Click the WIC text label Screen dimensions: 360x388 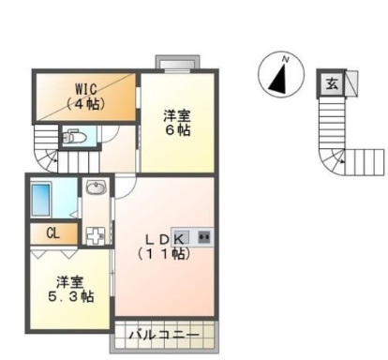(87, 90)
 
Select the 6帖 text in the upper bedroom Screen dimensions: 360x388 (177, 131)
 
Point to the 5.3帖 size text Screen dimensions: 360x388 (71, 296)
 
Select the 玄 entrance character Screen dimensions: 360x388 (332, 83)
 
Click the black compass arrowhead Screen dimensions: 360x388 (279, 81)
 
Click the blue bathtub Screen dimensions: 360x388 (41, 199)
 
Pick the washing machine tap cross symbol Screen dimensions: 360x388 (94, 233)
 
